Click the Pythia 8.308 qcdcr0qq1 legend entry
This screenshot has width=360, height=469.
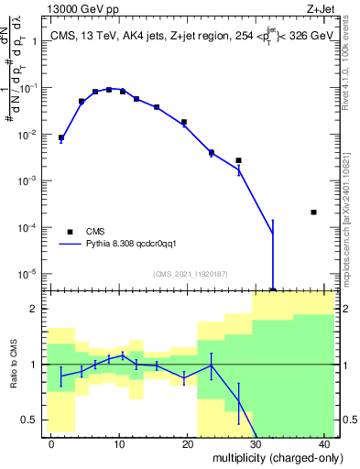click(137, 244)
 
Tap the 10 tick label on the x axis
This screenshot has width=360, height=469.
click(119, 442)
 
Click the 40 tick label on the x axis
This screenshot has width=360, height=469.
click(324, 442)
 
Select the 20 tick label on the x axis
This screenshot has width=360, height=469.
click(188, 442)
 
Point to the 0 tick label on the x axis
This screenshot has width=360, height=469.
click(51, 442)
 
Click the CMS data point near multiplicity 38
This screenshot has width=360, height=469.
click(313, 212)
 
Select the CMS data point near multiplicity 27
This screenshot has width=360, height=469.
click(238, 160)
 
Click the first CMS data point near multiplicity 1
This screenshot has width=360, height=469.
click(61, 137)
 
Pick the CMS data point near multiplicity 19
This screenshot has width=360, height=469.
click(184, 122)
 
